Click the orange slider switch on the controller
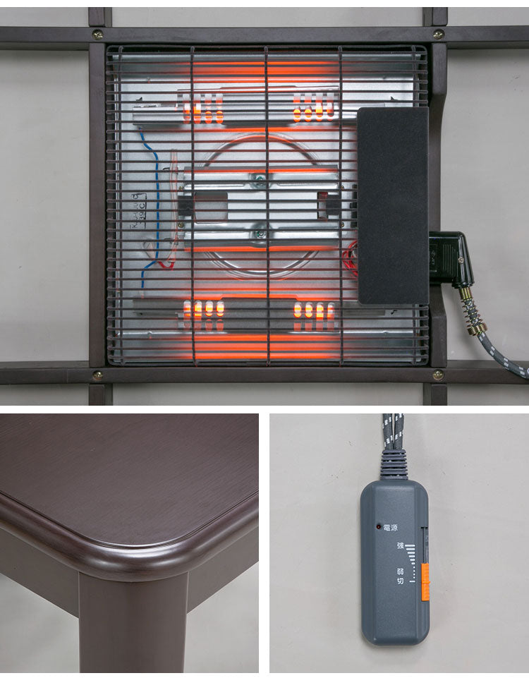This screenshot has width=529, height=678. point(425,582)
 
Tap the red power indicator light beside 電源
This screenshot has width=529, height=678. point(379,527)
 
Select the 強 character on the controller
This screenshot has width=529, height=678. point(400,545)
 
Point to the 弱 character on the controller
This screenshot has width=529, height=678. point(400,571)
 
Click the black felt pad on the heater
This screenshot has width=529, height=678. point(392,205)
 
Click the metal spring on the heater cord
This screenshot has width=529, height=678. point(472,310)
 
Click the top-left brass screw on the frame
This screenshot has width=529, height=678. point(97,34)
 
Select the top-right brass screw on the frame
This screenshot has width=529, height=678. point(439,34)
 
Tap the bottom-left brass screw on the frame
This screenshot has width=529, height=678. point(97,375)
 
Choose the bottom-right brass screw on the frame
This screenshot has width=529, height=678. point(438,375)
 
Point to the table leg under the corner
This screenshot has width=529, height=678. point(134,621)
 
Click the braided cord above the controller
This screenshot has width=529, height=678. point(392,430)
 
